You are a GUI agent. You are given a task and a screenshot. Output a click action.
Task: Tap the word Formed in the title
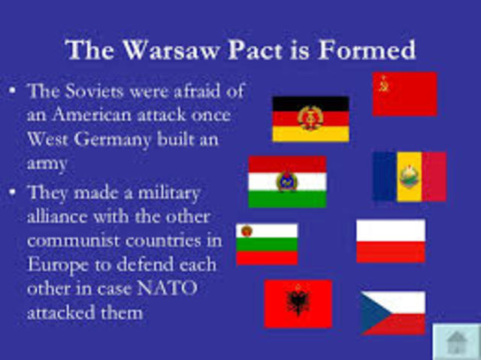click(x=374, y=50)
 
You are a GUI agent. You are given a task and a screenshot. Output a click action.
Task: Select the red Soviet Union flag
click(x=404, y=94)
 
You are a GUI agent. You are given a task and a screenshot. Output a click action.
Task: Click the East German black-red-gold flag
click(x=310, y=119)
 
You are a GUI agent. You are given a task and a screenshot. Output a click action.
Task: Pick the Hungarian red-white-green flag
click(x=287, y=182)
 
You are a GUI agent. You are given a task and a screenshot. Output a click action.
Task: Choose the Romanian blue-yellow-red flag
click(x=409, y=177)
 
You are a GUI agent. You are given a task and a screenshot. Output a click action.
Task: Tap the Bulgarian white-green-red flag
click(x=267, y=244)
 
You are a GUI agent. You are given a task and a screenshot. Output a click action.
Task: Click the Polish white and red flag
click(x=390, y=241)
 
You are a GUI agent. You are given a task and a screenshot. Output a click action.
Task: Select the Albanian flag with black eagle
click(x=298, y=304)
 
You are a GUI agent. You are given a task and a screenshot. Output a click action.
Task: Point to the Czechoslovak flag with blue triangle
click(x=392, y=313)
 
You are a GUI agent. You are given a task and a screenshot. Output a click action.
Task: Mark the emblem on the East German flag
click(x=310, y=118)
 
